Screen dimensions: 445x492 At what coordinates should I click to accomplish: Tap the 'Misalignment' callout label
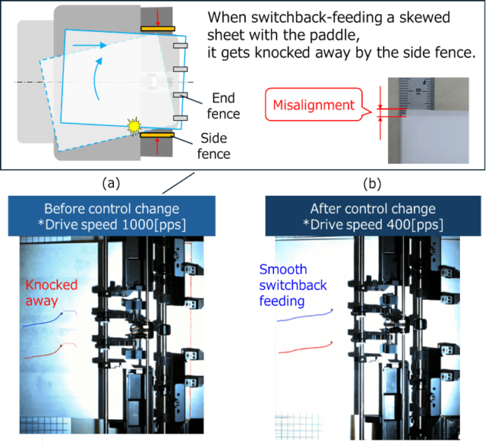314,106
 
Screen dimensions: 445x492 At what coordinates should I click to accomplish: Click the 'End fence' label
224,106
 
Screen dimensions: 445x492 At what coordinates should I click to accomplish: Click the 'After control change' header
373,209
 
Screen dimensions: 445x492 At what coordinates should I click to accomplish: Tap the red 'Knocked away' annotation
51,293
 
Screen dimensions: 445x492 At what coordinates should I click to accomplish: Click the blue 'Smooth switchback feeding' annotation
292,285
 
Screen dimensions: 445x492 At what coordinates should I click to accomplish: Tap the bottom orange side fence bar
158,136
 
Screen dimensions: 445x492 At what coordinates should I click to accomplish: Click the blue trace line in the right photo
306,314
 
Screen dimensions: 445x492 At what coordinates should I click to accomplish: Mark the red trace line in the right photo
306,349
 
